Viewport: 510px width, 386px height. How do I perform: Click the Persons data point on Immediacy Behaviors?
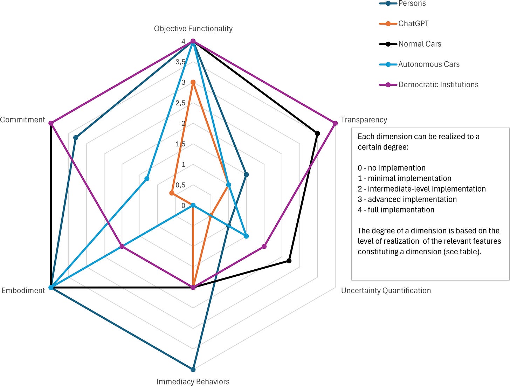(193, 369)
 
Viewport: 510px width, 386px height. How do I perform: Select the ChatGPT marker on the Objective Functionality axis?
(193, 82)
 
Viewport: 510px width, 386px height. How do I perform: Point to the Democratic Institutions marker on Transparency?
(335, 123)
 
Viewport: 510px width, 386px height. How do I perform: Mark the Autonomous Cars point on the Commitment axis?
(147, 179)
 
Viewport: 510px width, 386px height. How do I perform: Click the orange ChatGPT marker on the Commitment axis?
(171, 193)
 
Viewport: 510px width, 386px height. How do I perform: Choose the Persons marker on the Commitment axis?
(76, 138)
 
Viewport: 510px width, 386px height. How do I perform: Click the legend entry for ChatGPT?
(413, 23)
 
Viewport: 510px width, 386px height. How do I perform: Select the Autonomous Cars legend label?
(429, 64)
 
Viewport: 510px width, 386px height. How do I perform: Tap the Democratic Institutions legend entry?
(438, 84)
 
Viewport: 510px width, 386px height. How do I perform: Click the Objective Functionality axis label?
(193, 29)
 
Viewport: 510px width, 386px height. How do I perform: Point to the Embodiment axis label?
(23, 290)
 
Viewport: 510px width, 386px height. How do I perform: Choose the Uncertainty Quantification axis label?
(386, 290)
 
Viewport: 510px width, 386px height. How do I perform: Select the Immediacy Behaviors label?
(193, 381)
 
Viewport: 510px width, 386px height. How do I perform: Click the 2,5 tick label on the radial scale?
(180, 103)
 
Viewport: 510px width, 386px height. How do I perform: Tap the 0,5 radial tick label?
(180, 185)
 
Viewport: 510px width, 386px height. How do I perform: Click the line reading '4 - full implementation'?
(396, 210)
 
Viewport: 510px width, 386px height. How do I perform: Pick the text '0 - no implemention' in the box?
(391, 168)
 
